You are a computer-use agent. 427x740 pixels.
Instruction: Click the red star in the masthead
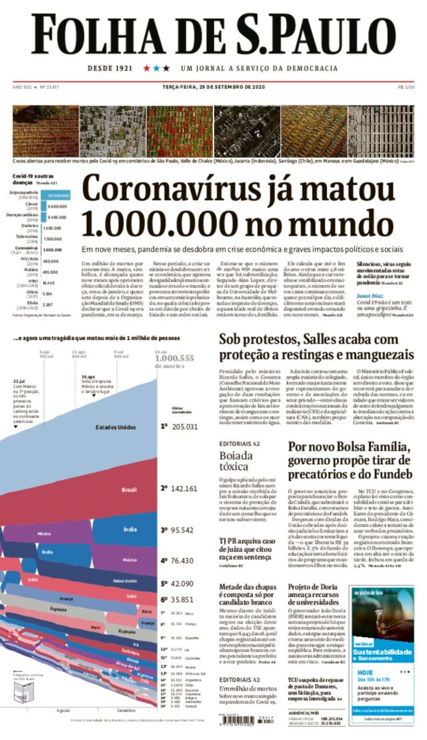[147, 68]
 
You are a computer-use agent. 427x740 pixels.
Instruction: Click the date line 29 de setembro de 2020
[213, 87]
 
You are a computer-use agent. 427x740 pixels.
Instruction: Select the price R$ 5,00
[406, 87]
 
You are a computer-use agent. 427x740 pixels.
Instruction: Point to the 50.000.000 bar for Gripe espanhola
[58, 195]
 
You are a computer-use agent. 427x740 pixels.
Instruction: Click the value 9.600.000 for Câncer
[57, 206]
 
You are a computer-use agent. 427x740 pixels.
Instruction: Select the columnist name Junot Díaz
[369, 296]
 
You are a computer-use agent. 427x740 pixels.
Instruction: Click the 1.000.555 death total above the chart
[174, 358]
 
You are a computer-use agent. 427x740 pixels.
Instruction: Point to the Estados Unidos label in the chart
[116, 427]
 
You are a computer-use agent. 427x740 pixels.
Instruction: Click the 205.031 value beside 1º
[185, 427]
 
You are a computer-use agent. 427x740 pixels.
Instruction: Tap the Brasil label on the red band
[129, 490]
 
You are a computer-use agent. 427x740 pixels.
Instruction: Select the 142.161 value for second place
[184, 488]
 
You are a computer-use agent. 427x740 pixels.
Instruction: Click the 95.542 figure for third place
[182, 530]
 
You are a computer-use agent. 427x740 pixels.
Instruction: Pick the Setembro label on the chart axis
[126, 710]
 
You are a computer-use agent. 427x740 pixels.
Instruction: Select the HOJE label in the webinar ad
[365, 673]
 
